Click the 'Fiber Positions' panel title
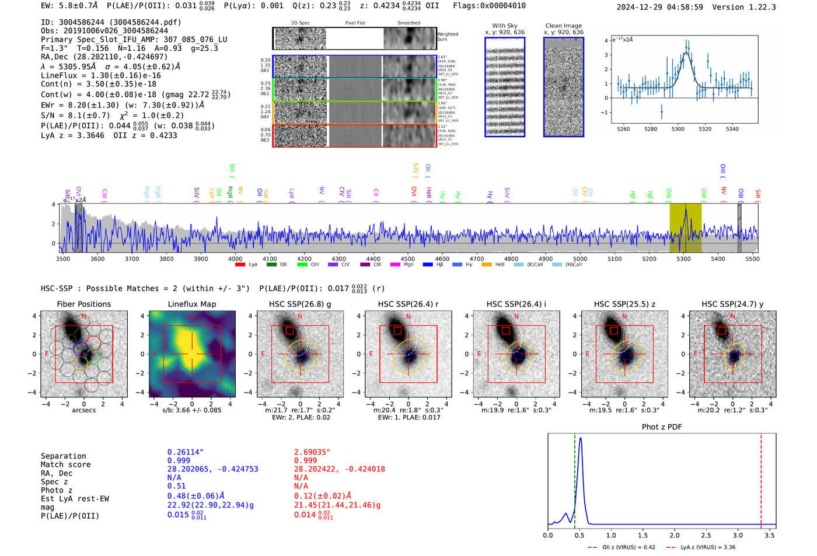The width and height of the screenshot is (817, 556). pyautogui.click(x=83, y=304)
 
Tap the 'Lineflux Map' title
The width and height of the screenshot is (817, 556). pyautogui.click(x=191, y=304)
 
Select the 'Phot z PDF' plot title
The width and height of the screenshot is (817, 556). pyautogui.click(x=661, y=427)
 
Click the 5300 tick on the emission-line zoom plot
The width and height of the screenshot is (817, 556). pyautogui.click(x=678, y=129)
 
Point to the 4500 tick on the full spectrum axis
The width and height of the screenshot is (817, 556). pyautogui.click(x=407, y=259)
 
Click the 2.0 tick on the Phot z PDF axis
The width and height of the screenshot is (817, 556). pyautogui.click(x=674, y=535)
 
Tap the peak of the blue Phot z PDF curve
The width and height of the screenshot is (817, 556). pyautogui.click(x=579, y=439)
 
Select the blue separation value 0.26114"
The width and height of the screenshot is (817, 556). pyautogui.click(x=185, y=452)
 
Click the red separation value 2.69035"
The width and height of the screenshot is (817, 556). pyautogui.click(x=312, y=452)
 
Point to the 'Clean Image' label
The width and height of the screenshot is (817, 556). pyautogui.click(x=563, y=26)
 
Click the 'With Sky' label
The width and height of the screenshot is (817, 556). pyautogui.click(x=504, y=26)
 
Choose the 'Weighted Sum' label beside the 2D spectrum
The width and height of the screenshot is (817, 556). pyautogui.click(x=448, y=37)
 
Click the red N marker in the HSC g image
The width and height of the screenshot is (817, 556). pyautogui.click(x=300, y=317)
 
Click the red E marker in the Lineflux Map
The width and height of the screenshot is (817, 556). pyautogui.click(x=155, y=354)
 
